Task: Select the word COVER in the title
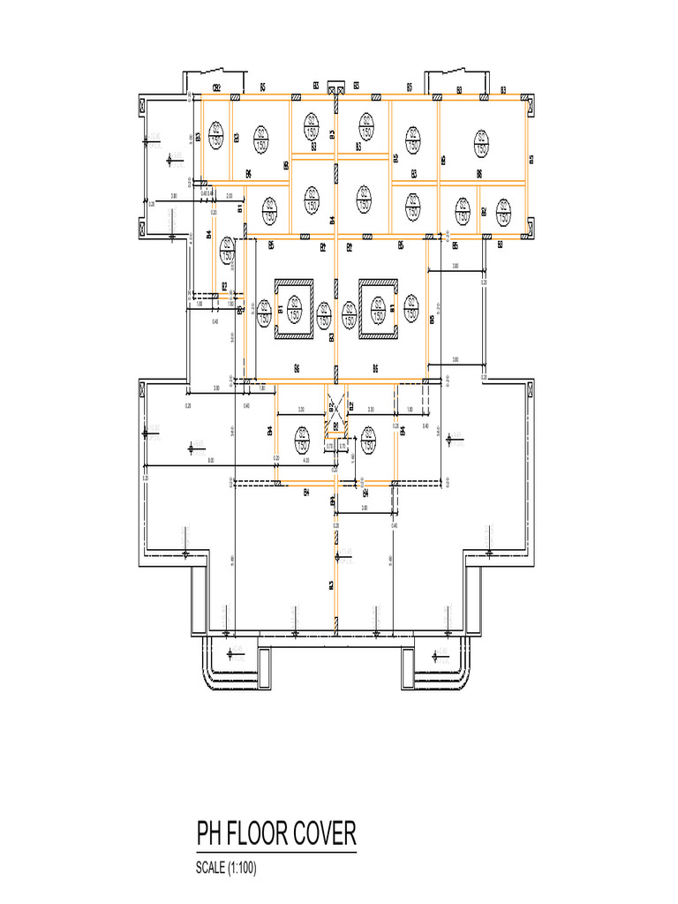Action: pos(327,834)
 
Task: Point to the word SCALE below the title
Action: pos(211,869)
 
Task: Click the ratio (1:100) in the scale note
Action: pos(242,869)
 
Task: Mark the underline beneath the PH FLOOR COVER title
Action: pos(275,853)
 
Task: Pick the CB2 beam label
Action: pos(215,87)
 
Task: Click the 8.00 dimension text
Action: pos(210,461)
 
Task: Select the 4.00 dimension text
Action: pos(305,461)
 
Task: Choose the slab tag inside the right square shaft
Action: pos(378,310)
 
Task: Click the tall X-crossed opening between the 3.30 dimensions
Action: pos(335,414)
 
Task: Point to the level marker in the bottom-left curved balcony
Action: pos(231,653)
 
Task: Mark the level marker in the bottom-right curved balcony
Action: pos(438,653)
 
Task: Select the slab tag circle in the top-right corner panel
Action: pos(481,141)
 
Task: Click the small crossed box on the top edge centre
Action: pos(335,87)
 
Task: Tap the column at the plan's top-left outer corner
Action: pos(144,107)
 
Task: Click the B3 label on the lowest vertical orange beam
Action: pos(331,585)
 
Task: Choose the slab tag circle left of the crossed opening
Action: pos(302,437)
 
